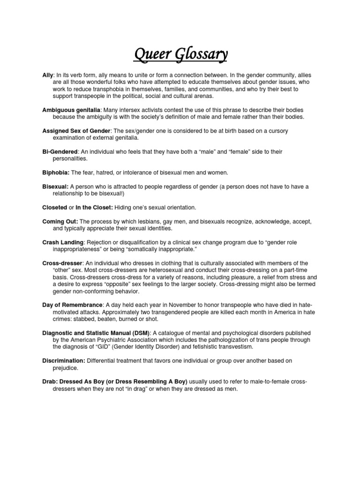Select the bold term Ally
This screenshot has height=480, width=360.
pyautogui.click(x=48, y=75)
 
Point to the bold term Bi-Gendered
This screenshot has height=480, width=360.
pyautogui.click(x=60, y=152)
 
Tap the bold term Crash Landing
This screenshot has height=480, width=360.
pyautogui.click(x=63, y=242)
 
